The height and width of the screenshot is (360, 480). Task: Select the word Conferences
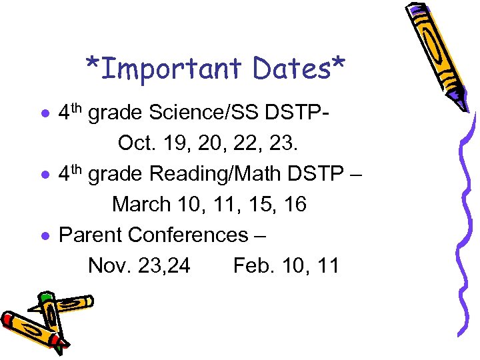click(187, 235)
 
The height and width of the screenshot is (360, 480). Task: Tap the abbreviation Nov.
click(109, 265)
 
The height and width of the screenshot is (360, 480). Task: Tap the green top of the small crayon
click(45, 295)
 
